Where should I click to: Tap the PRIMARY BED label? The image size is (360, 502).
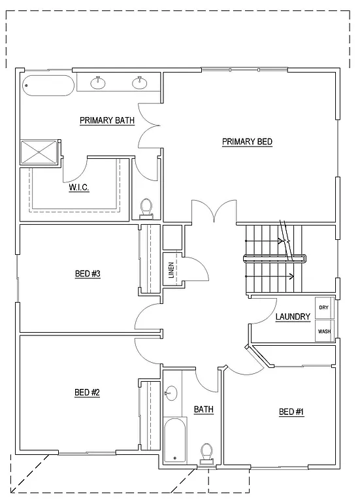pyautogui.click(x=247, y=142)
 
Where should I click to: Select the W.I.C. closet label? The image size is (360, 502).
pyautogui.click(x=79, y=188)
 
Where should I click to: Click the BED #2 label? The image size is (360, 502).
pyautogui.click(x=87, y=393)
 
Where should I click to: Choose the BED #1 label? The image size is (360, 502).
pyautogui.click(x=291, y=412)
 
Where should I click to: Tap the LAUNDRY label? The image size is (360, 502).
pyautogui.click(x=292, y=317)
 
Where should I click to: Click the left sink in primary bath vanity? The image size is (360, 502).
pyautogui.click(x=99, y=82)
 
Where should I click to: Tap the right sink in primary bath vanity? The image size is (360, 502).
pyautogui.click(x=139, y=82)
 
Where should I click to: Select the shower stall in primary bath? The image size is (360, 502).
pyautogui.click(x=39, y=152)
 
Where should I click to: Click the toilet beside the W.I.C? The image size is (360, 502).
pyautogui.click(x=147, y=207)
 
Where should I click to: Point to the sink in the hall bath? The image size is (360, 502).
pyautogui.click(x=171, y=393)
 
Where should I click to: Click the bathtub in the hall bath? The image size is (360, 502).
pyautogui.click(x=174, y=441)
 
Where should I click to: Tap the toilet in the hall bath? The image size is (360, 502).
pyautogui.click(x=208, y=452)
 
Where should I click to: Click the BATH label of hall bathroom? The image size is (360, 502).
pyautogui.click(x=203, y=410)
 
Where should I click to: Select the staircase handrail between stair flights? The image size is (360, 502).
pyautogui.click(x=274, y=258)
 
